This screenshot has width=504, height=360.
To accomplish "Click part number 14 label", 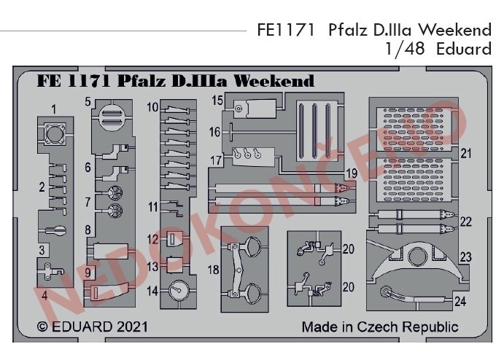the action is coord(152,291).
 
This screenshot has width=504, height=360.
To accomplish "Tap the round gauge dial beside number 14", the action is coord(179,290).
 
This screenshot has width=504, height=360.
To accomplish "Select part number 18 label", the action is coord(214,270).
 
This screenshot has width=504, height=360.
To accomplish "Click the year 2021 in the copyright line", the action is coord(132,326).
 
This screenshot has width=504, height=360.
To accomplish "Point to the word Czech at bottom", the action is coord(377,327).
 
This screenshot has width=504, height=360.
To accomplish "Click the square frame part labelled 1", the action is coord(54,134).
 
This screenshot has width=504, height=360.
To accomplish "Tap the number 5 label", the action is coord(88,102).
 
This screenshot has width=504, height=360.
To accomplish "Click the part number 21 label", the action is coord(466,154).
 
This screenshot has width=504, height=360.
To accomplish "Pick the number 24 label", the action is coord(460,302).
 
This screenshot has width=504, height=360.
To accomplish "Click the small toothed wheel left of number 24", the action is coord(385,292).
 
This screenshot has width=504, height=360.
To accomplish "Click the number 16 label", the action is coord(214,132).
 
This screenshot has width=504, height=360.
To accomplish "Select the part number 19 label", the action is coord(352,173).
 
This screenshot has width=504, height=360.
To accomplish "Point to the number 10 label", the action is coord(152,107).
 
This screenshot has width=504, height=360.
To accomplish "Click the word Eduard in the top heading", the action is coord(464,49).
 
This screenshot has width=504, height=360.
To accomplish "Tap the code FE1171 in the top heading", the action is coord(285,30).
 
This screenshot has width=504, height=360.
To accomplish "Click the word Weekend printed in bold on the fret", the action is coord(274,81).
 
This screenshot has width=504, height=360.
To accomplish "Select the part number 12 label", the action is coord(152,240).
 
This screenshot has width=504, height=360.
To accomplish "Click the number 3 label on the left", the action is coord(42,250).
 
